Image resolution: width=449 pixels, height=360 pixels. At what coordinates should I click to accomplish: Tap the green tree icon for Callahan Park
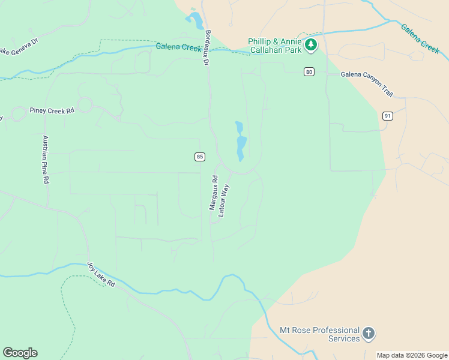coord(310,44)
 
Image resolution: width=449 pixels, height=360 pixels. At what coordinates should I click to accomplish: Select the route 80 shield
coord(309,72)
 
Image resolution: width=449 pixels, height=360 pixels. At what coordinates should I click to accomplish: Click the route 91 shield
coord(387,116)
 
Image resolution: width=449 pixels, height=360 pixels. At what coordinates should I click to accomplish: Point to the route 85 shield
coord(200,157)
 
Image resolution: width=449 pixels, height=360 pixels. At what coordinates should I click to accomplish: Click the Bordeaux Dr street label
coord(207,48)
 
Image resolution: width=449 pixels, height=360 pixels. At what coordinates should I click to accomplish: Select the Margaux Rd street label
coord(213,192)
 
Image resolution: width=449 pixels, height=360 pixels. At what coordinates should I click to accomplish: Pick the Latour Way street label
coord(224,200)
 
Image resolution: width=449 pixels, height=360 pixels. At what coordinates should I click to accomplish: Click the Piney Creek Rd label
coord(51,111)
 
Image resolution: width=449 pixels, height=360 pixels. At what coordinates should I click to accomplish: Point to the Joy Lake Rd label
coord(101,274)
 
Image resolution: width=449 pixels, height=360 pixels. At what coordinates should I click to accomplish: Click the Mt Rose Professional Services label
coord(319,334)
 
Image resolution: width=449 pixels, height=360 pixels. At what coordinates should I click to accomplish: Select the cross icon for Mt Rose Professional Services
coord(369,332)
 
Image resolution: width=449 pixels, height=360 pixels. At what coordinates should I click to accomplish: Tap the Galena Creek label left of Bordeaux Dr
coord(178,47)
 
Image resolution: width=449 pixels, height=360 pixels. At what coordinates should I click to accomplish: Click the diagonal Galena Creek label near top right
coord(421,39)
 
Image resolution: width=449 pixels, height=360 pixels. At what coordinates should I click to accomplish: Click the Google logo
coord(20,353)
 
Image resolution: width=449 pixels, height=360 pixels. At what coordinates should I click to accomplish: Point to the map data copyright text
coord(412,355)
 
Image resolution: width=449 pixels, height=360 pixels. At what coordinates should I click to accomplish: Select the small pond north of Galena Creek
coord(195,21)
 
